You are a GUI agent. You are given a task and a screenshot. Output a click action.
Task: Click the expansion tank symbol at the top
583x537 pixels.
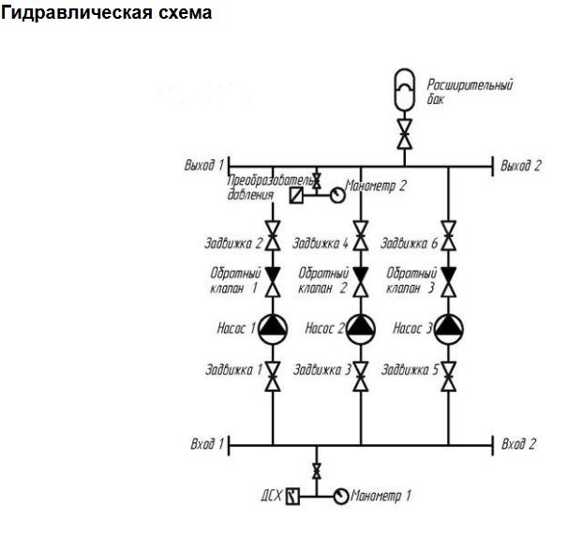point(404,90)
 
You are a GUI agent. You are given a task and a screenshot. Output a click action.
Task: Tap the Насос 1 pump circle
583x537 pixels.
point(273,327)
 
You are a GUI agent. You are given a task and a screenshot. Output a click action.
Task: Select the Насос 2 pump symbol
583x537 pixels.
point(361,327)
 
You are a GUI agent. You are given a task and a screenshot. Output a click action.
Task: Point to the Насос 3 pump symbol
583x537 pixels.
point(449,327)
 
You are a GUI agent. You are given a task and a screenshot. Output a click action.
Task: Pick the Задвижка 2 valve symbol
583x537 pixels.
point(273,235)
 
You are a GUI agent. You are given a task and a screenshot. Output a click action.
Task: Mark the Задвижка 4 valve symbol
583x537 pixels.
point(361,235)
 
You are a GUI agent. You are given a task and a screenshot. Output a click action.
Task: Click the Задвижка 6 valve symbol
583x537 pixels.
point(449,235)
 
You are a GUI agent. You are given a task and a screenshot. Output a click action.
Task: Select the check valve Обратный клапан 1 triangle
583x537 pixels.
point(273,276)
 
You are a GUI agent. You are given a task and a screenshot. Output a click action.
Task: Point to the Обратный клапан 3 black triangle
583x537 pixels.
point(449,276)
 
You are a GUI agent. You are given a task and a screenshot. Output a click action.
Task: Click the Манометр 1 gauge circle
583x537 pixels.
point(340,495)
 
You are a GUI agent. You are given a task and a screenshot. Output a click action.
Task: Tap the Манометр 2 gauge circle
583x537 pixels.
point(335,194)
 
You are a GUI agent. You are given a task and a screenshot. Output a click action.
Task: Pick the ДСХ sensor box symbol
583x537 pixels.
point(292,495)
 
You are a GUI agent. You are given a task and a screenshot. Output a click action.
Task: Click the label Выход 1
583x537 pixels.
point(204,165)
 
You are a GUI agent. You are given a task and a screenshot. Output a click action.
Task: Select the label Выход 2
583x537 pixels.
point(521,166)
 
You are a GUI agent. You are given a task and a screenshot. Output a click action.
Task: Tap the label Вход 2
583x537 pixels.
point(519,442)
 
